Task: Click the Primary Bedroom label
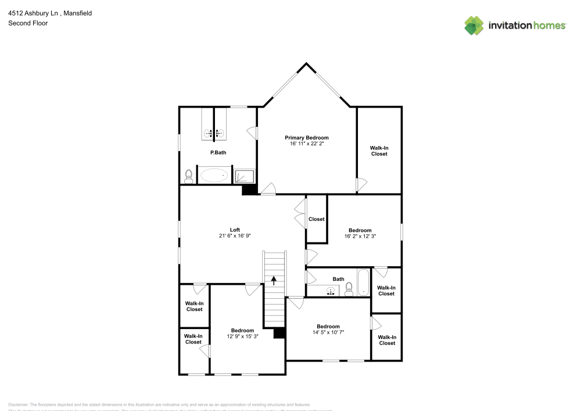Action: (x=306, y=138)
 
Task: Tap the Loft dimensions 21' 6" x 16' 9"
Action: (x=235, y=235)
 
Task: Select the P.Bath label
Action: (x=218, y=152)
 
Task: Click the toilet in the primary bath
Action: (x=188, y=175)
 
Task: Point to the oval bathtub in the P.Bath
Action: (x=214, y=175)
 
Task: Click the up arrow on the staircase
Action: (x=274, y=280)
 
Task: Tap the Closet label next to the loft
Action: (x=317, y=219)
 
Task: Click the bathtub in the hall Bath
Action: (x=364, y=283)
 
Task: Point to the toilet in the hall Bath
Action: (x=349, y=291)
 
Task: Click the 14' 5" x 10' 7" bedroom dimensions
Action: (x=328, y=332)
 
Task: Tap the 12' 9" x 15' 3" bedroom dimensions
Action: (x=242, y=336)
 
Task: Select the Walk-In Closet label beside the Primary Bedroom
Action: (x=379, y=151)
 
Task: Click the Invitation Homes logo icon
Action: (x=474, y=25)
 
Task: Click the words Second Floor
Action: (x=28, y=23)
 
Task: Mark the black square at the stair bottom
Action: (x=279, y=333)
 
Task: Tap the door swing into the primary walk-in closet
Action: (x=361, y=185)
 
